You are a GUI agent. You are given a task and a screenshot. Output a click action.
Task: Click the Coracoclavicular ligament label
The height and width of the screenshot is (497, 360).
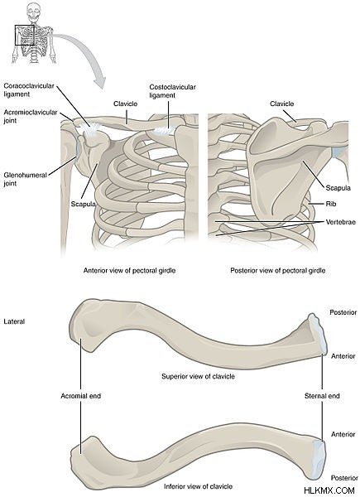click(29, 90)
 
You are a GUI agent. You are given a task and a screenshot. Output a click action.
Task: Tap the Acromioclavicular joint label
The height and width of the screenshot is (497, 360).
click(31, 116)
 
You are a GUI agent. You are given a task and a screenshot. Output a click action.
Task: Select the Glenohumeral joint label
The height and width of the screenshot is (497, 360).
click(26, 179)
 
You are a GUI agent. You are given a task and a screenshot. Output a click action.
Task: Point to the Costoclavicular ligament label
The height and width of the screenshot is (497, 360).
click(172, 91)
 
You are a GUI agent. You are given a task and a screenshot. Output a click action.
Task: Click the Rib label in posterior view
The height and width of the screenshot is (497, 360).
click(331, 204)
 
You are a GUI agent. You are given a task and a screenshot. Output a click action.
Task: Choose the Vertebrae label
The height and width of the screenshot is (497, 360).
click(341, 222)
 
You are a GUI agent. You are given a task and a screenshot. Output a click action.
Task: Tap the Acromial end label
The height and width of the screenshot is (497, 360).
click(81, 396)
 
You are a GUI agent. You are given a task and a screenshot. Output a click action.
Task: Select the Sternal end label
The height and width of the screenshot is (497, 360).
click(322, 396)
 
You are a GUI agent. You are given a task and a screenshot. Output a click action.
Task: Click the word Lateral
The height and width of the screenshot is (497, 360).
click(14, 321)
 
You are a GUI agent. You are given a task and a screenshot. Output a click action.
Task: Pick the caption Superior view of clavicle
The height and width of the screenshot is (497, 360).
click(198, 376)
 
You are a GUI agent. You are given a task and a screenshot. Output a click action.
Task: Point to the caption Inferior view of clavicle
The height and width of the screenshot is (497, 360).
click(198, 486)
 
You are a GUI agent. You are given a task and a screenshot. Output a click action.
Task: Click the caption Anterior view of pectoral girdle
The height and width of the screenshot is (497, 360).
click(129, 270)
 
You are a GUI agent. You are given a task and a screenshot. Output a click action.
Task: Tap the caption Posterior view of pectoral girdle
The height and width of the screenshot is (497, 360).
click(278, 270)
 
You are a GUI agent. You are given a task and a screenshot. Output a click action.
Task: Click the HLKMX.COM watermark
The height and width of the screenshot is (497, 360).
click(329, 490)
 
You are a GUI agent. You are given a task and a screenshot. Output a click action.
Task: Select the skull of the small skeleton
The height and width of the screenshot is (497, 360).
click(33, 12)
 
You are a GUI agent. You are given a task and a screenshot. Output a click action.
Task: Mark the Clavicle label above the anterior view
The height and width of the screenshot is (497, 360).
click(126, 104)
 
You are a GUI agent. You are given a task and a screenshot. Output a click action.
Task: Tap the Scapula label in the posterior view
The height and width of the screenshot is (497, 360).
click(338, 188)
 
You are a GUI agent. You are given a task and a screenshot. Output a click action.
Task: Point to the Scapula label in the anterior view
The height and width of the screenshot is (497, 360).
click(84, 204)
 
